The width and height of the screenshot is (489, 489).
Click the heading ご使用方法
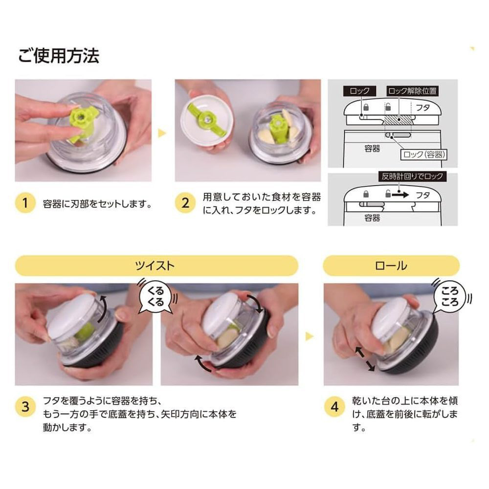click(x=59, y=56)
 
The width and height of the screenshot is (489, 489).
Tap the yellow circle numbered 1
click(x=25, y=203)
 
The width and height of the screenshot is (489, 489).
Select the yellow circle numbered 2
click(x=185, y=203)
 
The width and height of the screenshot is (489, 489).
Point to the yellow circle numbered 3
click(x=25, y=407)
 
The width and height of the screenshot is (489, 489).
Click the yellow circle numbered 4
click(x=334, y=407)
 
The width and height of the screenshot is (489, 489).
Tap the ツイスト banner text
click(x=155, y=266)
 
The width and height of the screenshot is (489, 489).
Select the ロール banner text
click(x=391, y=266)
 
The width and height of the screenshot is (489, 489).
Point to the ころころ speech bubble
click(x=449, y=297)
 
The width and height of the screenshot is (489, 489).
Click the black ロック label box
click(x=359, y=91)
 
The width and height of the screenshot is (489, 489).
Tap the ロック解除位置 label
click(x=412, y=91)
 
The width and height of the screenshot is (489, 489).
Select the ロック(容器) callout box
click(x=423, y=155)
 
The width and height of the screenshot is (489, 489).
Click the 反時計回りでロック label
click(x=412, y=176)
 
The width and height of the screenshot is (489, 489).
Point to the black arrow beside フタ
click(x=400, y=195)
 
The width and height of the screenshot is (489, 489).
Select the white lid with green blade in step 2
click(x=206, y=123)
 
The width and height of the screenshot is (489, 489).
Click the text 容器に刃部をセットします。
click(x=98, y=204)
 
